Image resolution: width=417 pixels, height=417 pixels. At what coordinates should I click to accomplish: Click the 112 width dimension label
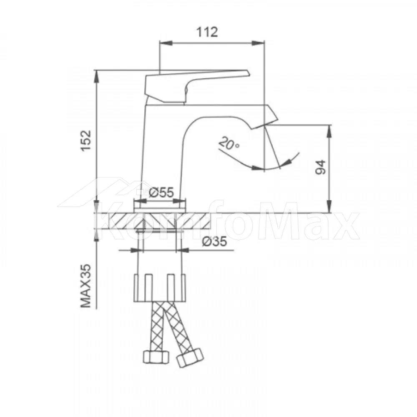pos(207,32)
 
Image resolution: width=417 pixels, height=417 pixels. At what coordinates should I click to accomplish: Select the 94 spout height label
pos(320,167)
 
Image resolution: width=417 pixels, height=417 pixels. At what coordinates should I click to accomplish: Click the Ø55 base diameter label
pos(161,193)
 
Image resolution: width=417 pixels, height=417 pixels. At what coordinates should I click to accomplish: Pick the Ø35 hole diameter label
pos(214,241)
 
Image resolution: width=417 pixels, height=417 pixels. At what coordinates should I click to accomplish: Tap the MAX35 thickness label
pos(86,286)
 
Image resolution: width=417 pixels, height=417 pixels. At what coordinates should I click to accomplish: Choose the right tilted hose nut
pos(190,359)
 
